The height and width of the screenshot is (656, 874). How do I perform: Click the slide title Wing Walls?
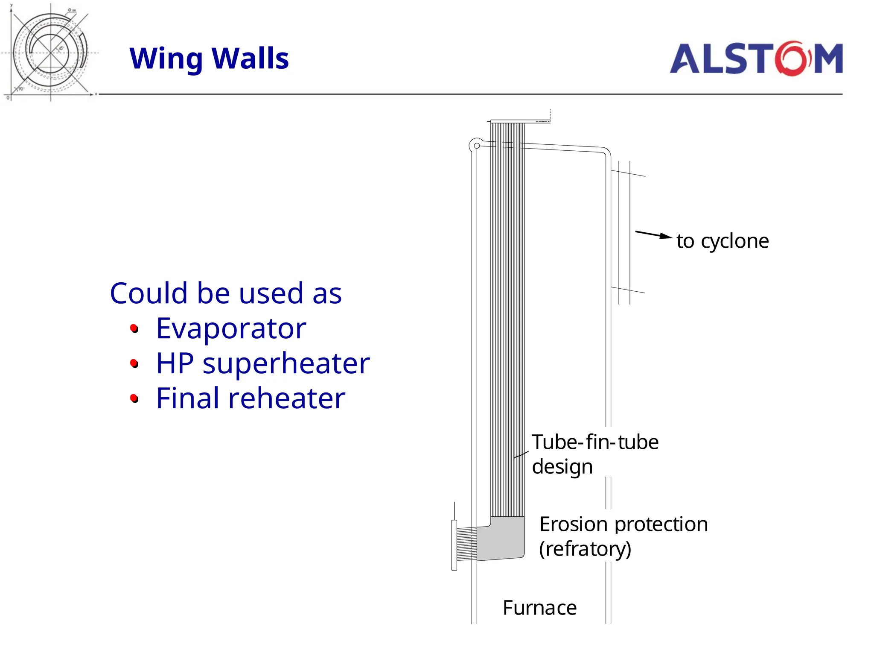click(209, 59)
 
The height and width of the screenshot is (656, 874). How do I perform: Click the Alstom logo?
click(756, 59)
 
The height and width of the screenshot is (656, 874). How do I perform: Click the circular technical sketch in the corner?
click(50, 52)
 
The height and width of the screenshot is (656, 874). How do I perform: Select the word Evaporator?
click(231, 328)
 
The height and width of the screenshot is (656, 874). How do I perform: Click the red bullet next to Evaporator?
click(134, 328)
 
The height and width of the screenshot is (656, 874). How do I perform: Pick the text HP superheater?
click(262, 363)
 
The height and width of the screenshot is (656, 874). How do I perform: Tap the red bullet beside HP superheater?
click(134, 363)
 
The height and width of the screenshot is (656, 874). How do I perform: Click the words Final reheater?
click(251, 398)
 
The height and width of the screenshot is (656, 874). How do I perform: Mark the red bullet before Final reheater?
click(134, 398)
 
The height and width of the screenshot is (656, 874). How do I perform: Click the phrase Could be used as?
click(226, 293)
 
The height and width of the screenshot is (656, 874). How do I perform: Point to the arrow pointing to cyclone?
click(653, 234)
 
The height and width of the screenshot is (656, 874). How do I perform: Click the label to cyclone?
click(723, 241)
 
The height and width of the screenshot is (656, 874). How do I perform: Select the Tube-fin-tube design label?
click(594, 454)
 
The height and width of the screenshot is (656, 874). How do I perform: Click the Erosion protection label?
click(623, 524)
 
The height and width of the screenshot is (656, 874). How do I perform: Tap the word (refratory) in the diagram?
click(585, 549)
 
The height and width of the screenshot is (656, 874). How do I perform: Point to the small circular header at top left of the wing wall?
click(477, 146)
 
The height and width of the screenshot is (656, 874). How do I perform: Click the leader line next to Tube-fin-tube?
click(521, 454)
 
